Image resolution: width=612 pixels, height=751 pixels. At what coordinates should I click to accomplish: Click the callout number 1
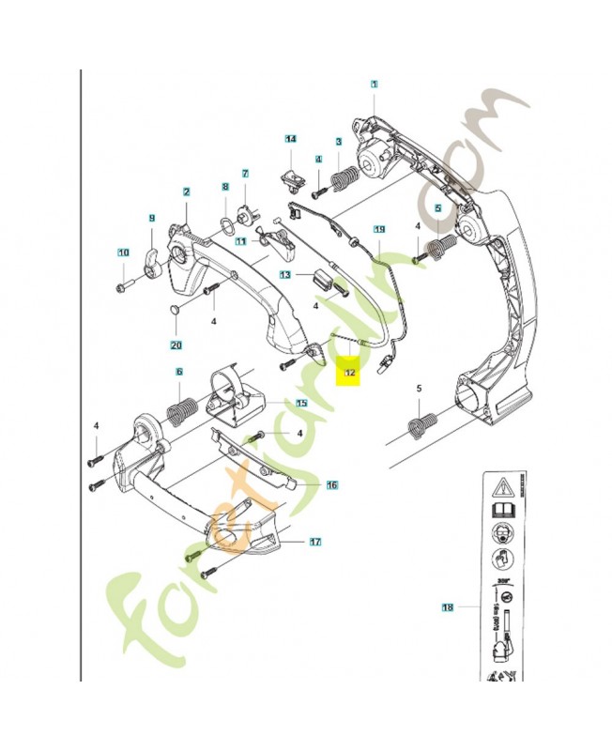click(x=374, y=84)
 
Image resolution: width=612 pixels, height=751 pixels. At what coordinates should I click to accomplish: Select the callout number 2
click(x=187, y=192)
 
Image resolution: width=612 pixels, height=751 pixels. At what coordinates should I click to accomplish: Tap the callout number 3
click(x=338, y=142)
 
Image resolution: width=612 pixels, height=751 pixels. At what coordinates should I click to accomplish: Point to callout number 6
click(x=178, y=373)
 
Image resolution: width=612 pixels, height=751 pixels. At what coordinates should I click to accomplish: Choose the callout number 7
click(x=245, y=174)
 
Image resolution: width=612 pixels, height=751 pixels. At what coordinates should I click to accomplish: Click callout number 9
click(x=151, y=219)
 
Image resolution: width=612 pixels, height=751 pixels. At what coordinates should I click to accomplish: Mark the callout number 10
click(x=123, y=252)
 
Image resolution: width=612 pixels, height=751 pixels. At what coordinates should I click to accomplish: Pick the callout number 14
click(x=291, y=139)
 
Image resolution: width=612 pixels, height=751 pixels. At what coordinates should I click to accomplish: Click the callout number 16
click(x=331, y=485)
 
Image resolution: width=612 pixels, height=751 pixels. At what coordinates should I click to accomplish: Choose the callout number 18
click(x=448, y=607)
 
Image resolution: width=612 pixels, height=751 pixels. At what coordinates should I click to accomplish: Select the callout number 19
click(x=379, y=229)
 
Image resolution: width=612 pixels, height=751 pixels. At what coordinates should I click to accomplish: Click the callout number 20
click(x=176, y=345)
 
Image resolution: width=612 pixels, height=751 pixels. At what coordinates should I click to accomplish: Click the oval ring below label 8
click(x=225, y=222)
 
